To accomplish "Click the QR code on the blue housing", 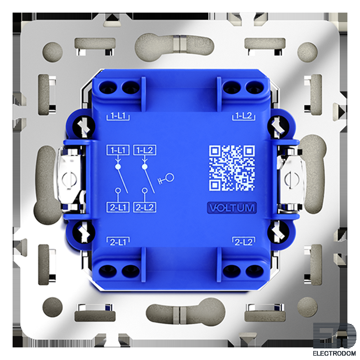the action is click(x=231, y=168).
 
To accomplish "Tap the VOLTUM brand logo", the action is click(x=231, y=208).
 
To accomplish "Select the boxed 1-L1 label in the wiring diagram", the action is click(x=118, y=150).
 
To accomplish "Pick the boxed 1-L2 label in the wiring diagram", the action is click(x=145, y=150).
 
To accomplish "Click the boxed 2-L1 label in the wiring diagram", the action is click(x=118, y=207).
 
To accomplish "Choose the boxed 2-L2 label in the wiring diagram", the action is click(x=145, y=207).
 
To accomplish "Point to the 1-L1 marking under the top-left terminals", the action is click(x=118, y=116).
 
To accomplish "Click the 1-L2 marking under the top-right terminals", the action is click(x=244, y=116).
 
